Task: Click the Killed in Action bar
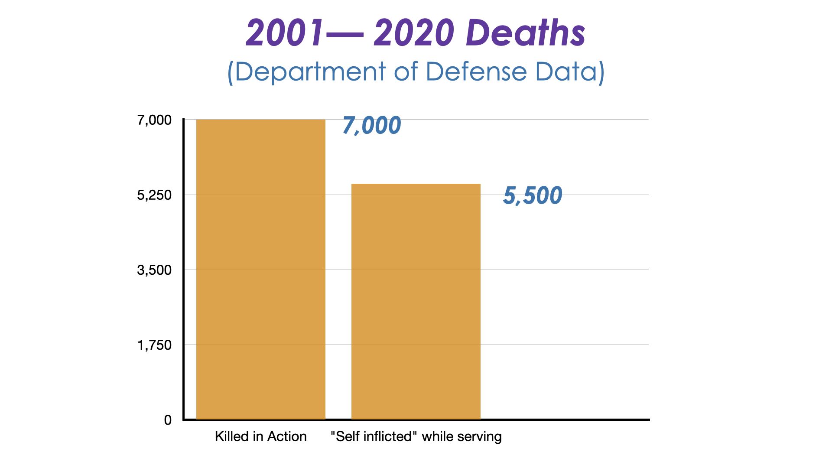tap(261, 269)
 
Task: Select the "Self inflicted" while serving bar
tap(416, 302)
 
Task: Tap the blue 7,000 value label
tap(372, 126)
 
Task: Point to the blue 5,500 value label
tap(533, 195)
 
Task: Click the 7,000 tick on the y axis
tap(154, 120)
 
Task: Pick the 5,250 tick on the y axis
tap(154, 195)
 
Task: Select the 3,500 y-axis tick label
tap(154, 270)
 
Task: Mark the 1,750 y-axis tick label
tap(154, 345)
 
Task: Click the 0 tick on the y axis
tap(168, 420)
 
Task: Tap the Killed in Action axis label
tap(260, 436)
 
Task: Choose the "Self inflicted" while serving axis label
tap(416, 436)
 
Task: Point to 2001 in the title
tap(284, 33)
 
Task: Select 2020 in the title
tap(414, 33)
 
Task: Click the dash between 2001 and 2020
tap(344, 34)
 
